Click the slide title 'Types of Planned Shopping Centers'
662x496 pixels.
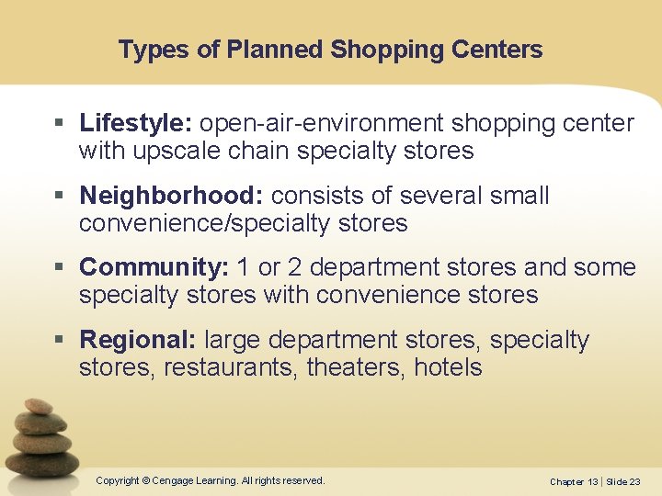tap(330, 50)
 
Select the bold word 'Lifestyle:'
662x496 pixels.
tap(136, 123)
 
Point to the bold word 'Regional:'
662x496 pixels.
tap(138, 340)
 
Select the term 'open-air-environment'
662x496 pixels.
tap(321, 123)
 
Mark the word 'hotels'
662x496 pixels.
tap(448, 368)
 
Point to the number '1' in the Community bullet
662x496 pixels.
tap(244, 267)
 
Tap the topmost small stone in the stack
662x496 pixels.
tap(38, 405)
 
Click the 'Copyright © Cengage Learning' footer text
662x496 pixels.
tap(211, 480)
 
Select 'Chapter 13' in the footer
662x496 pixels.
tap(573, 482)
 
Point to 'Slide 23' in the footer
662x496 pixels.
tap(622, 482)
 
